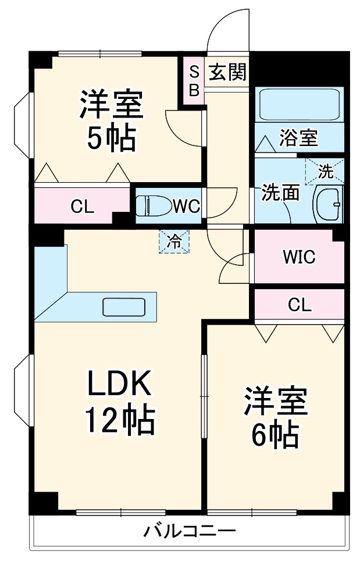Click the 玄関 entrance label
[228, 73]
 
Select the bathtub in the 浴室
[298, 105]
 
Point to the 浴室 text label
[298, 139]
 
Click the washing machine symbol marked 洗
[325, 171]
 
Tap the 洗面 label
[280, 193]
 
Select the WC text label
[186, 206]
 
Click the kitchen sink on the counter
[124, 306]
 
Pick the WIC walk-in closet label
[298, 257]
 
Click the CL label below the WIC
[299, 304]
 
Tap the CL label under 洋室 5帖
[82, 207]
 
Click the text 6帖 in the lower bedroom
[275, 433]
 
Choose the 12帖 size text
[120, 421]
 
